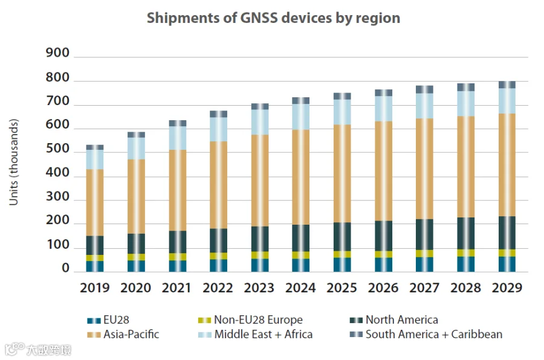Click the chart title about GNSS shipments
pyautogui.click(x=273, y=18)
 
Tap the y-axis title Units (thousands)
pyautogui.click(x=14, y=162)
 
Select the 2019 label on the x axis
pyautogui.click(x=95, y=288)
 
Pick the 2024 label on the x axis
pyautogui.click(x=301, y=288)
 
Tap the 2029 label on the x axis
pyautogui.click(x=507, y=288)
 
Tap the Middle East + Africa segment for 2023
pyautogui.click(x=260, y=122)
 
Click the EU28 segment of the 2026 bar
pyautogui.click(x=383, y=265)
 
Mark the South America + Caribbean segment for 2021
pyautogui.click(x=178, y=123)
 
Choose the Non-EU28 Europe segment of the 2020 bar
pyautogui.click(x=136, y=257)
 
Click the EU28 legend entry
pyautogui.click(x=109, y=320)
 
